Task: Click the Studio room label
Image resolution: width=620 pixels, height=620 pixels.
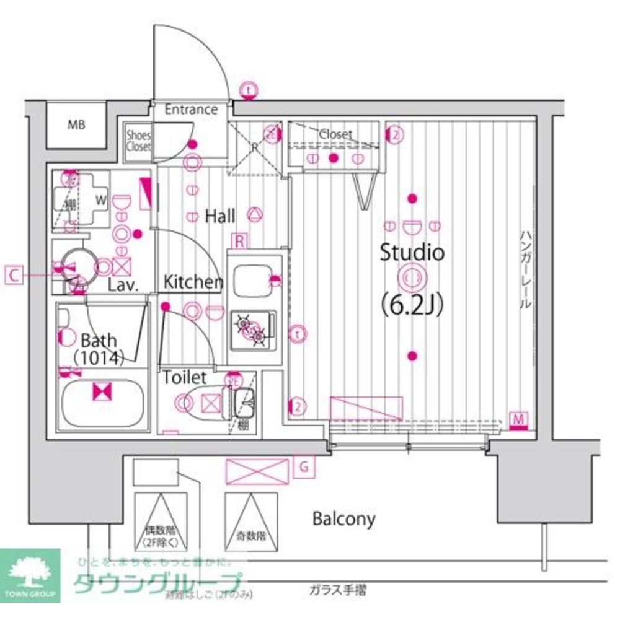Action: [x=412, y=253]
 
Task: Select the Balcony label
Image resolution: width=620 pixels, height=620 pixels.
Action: [x=343, y=518]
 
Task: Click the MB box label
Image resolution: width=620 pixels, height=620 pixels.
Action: [x=76, y=124]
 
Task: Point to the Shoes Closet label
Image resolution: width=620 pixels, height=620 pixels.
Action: [x=138, y=141]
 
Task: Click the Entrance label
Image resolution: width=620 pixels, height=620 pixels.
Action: [x=191, y=110]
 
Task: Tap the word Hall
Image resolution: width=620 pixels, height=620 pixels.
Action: [x=220, y=216]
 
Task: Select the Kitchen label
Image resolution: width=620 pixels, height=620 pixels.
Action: [x=193, y=282]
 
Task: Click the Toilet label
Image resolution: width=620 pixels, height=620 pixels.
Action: [x=185, y=377]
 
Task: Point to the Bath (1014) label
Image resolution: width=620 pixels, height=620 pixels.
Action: [x=99, y=347]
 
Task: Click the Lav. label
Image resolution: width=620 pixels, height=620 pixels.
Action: [x=122, y=286]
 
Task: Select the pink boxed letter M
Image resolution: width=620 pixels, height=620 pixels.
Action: [x=518, y=420]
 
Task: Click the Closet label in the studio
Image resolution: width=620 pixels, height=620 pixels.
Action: [x=335, y=134]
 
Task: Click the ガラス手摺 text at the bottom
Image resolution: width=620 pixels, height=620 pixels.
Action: [x=337, y=590]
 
